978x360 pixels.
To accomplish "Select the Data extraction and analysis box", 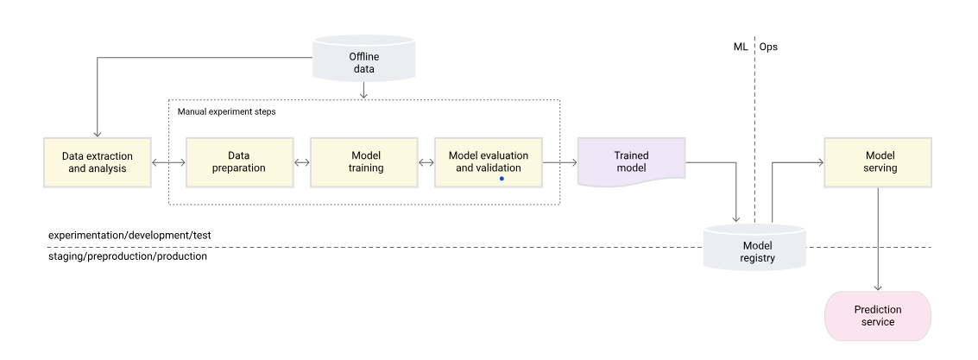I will click(98, 162).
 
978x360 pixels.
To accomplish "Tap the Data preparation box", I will click(240, 162).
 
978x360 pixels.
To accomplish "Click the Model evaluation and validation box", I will click(489, 162).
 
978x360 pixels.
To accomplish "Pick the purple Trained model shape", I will click(631, 162).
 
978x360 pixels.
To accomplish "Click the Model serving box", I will click(879, 162).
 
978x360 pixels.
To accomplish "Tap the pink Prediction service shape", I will click(879, 316).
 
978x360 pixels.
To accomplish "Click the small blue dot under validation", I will click(502, 178).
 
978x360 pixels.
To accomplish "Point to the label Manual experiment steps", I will click(227, 112).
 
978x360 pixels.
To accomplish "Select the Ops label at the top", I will click(768, 47).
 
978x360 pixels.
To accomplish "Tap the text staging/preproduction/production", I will click(128, 256).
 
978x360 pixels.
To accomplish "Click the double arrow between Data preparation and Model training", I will click(302, 162).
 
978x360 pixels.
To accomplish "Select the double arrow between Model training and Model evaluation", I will click(426, 162).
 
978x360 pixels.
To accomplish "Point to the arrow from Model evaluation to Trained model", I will click(560, 162).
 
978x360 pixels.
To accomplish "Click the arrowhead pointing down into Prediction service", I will click(879, 287).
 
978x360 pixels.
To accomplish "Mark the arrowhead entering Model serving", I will click(818, 162).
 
